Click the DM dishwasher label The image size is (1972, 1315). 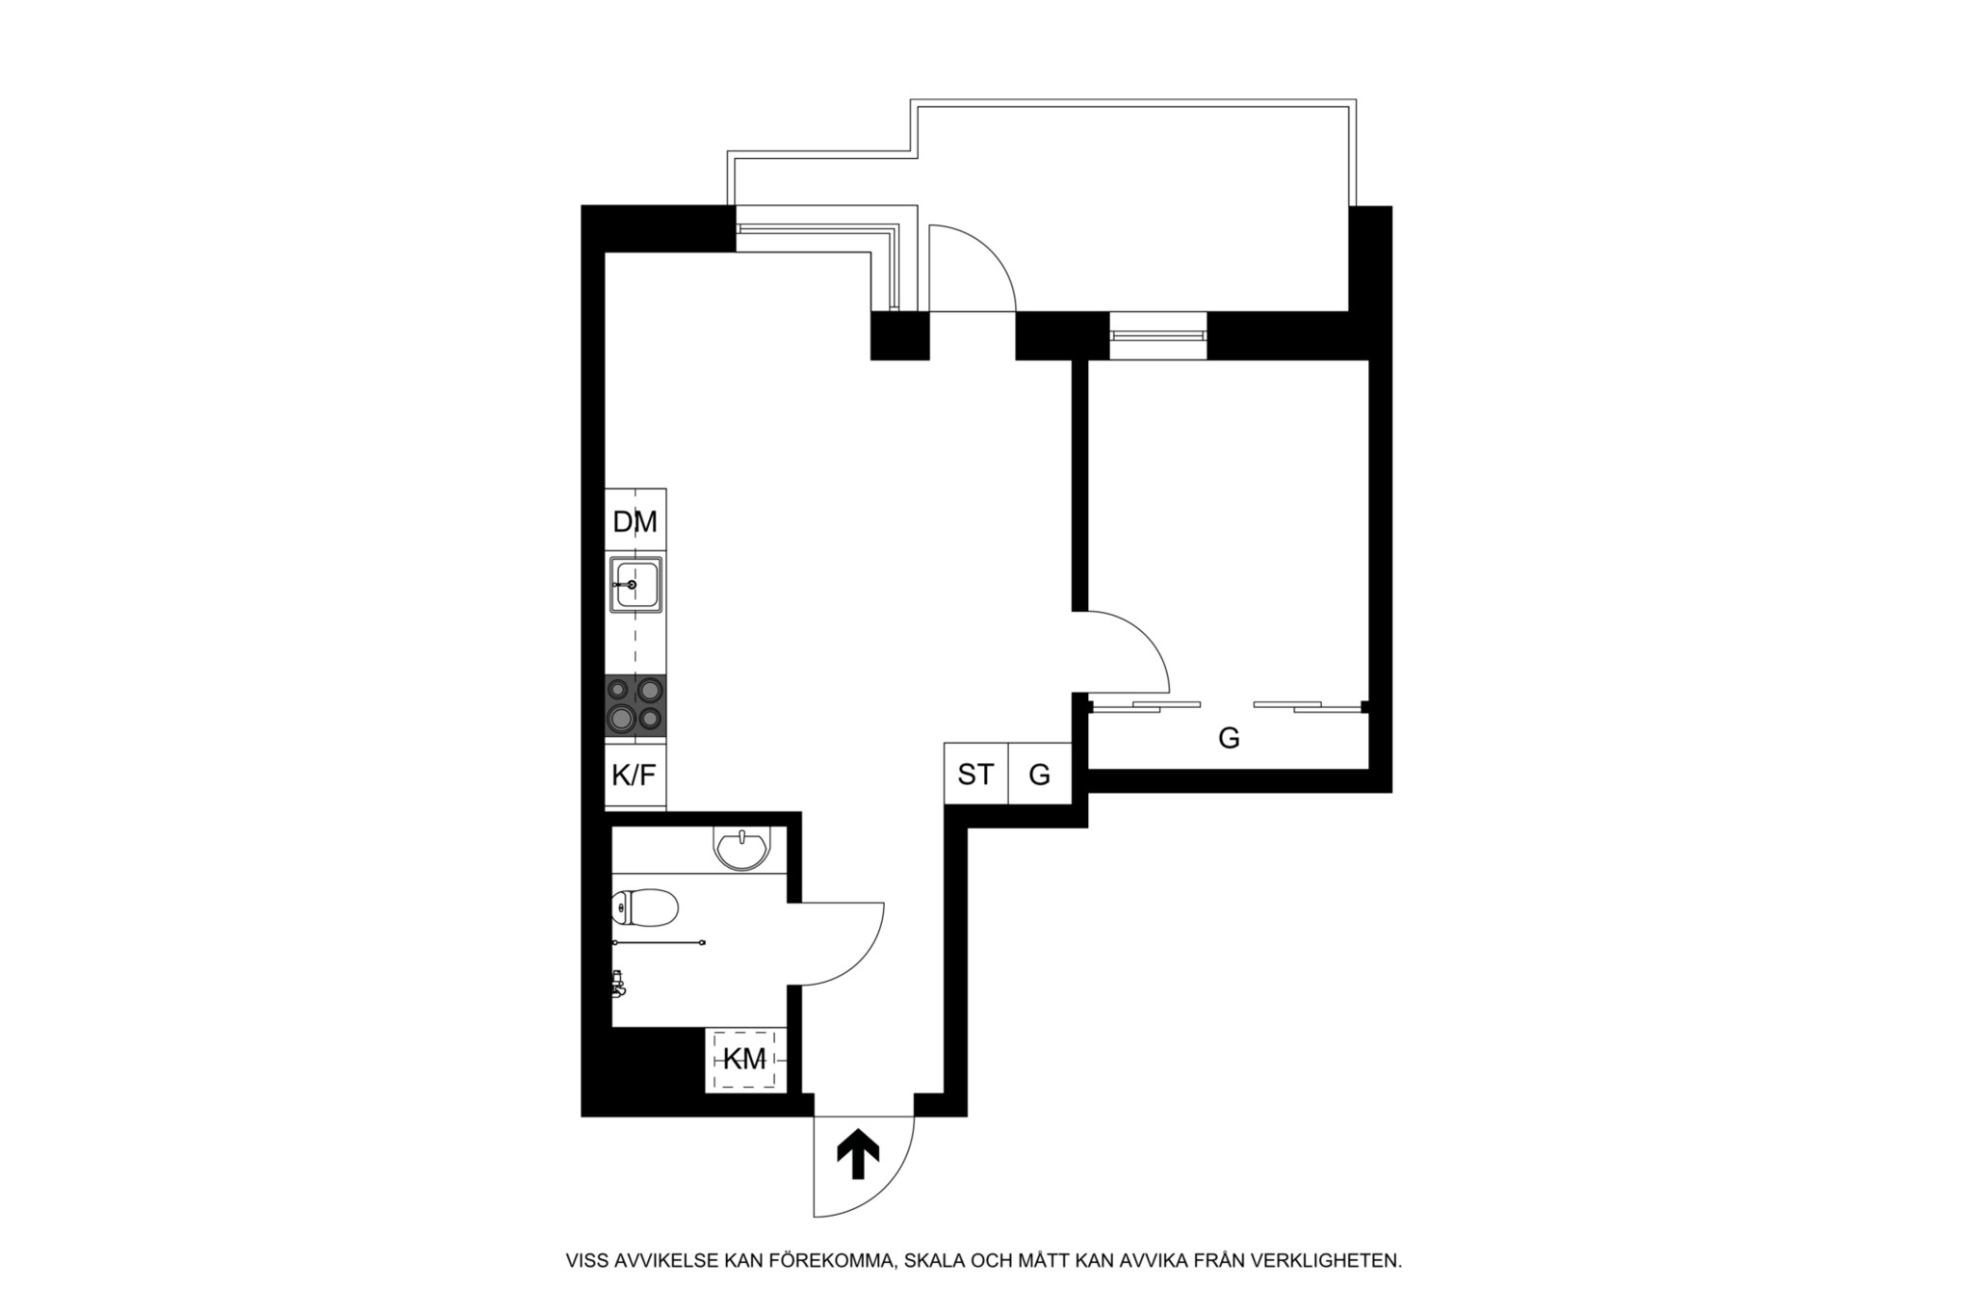635,522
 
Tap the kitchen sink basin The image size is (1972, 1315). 636,584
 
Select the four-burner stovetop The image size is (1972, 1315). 636,705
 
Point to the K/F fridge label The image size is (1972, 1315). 634,775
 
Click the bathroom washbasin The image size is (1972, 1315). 741,848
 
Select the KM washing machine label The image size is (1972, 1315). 744,1060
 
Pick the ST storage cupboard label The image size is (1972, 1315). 974,774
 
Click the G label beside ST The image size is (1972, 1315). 1040,775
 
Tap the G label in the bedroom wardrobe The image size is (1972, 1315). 1229,739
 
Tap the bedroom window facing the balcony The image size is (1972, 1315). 1157,335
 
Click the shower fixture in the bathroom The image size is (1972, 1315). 619,984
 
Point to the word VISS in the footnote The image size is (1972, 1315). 587,1260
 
